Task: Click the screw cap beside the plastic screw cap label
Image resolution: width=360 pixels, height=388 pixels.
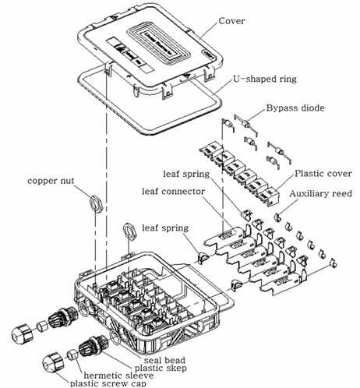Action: point(54,361)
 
